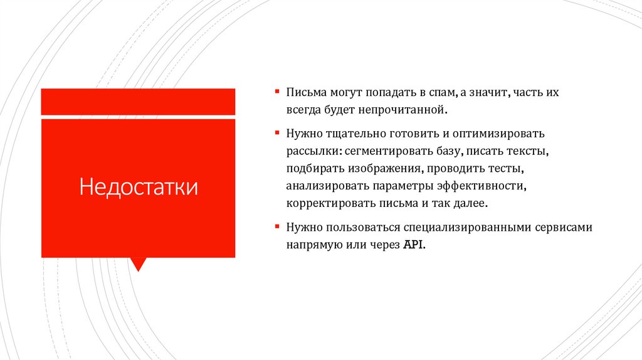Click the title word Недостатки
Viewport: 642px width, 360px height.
tap(138, 188)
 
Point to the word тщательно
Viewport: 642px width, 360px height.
tap(353, 134)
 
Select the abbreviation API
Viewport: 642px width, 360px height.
tap(414, 245)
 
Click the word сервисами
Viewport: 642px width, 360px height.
tap(564, 228)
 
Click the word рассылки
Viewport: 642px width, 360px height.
tap(312, 152)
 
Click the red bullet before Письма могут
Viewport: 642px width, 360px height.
tap(276, 92)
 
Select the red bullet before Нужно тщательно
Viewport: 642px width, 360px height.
tap(276, 133)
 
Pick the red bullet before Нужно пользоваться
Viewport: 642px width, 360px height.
tap(276, 226)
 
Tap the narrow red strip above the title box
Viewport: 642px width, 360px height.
tap(138, 102)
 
